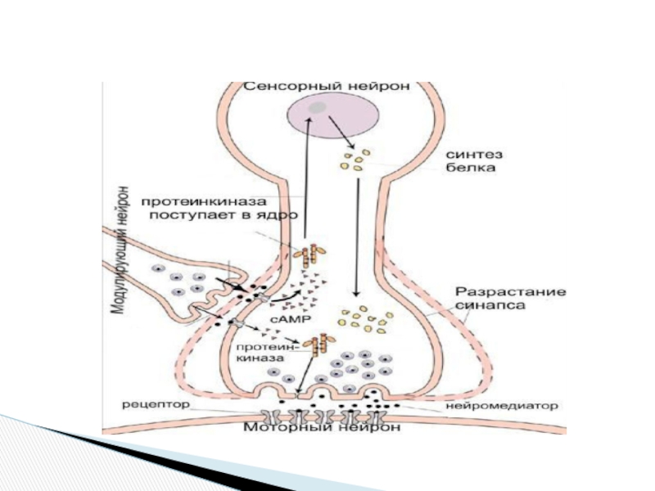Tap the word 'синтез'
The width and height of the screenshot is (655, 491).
(468, 155)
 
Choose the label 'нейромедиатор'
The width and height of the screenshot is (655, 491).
(502, 405)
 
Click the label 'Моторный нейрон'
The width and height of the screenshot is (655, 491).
(325, 427)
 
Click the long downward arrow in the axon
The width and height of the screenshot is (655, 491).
(356, 237)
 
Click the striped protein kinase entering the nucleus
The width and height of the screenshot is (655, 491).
(311, 255)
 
